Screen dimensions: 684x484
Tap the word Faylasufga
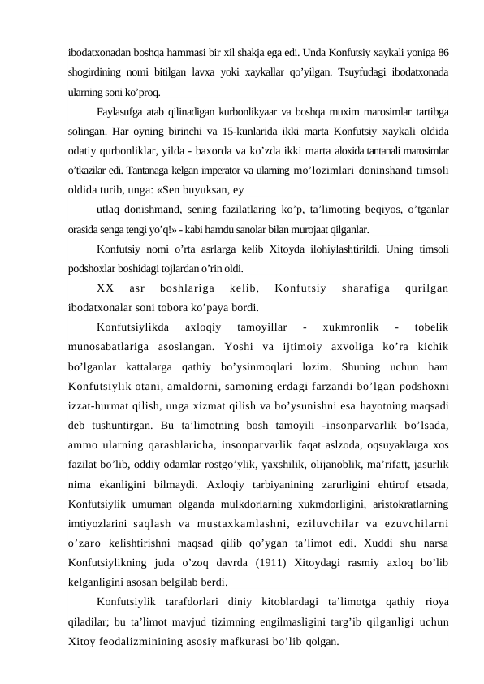coord(122,110)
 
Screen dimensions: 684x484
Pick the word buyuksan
coord(209,192)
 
